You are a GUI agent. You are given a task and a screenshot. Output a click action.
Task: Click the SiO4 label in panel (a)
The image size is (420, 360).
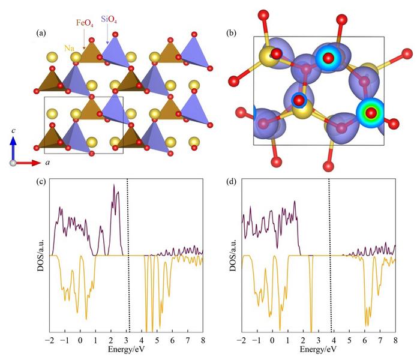tap(108, 22)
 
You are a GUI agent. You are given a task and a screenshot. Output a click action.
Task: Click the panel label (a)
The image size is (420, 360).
tap(43, 34)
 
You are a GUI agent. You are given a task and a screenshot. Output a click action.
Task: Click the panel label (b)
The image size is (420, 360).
tap(230, 34)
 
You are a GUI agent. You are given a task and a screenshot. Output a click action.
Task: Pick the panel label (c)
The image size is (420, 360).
tap(43, 184)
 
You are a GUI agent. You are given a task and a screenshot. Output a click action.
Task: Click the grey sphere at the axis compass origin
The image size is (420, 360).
tap(13, 163)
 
